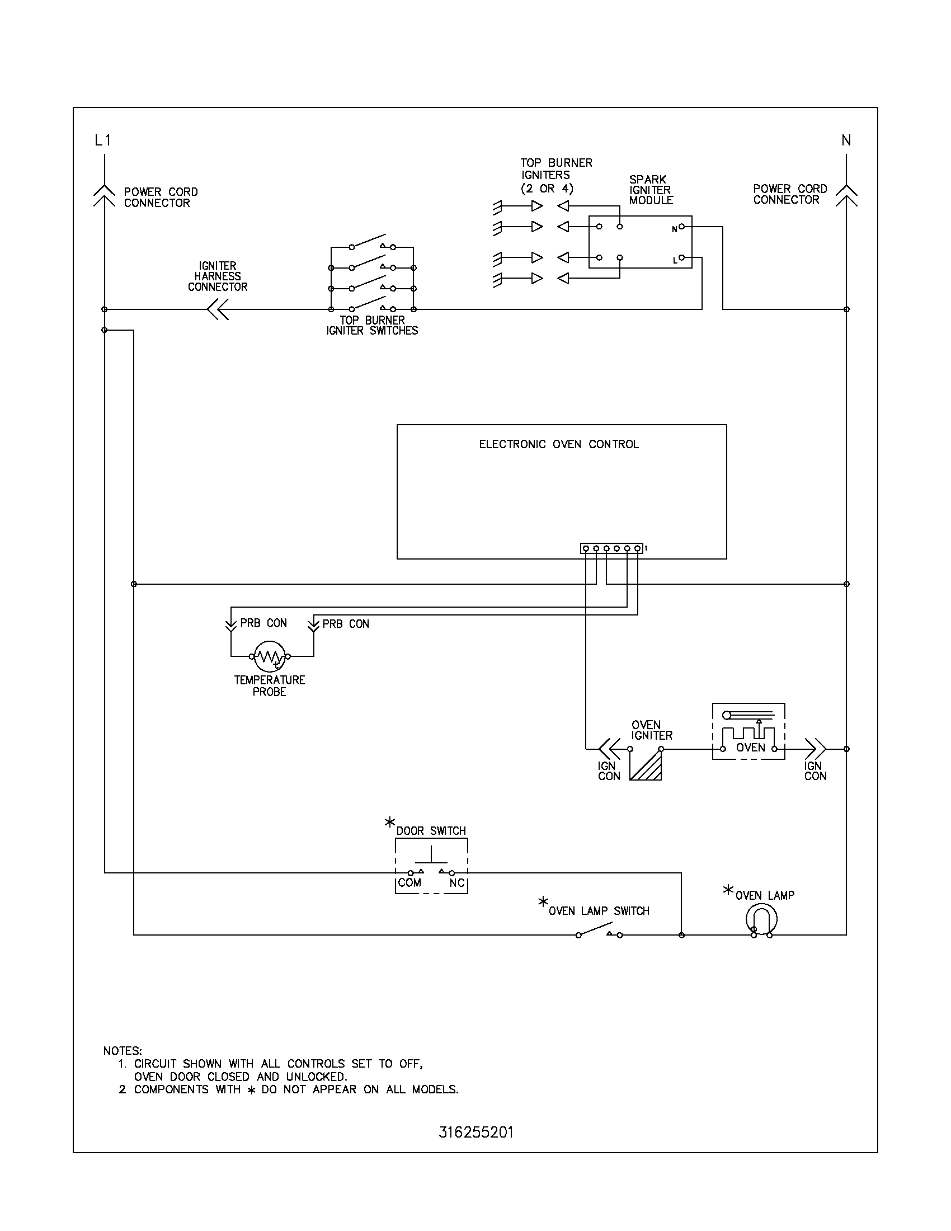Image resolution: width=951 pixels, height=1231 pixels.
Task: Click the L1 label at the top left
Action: (x=103, y=140)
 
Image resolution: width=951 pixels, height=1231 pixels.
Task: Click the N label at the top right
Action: (x=846, y=140)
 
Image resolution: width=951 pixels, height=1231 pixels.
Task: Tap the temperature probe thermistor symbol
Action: (x=269, y=656)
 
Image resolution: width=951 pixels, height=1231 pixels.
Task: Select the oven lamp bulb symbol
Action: (x=761, y=919)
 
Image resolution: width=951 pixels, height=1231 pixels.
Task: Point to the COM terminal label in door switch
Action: (x=409, y=882)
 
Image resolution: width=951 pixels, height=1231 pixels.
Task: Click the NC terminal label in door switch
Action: (x=457, y=882)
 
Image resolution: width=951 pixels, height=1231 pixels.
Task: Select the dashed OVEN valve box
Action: (x=748, y=731)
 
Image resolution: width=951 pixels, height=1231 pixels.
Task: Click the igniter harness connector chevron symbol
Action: (x=218, y=309)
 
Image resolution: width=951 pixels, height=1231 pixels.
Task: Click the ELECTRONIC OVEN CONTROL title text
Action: (x=559, y=444)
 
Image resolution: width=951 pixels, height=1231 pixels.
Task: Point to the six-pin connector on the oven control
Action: (x=611, y=548)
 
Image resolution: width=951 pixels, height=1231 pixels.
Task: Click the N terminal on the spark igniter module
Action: (x=682, y=227)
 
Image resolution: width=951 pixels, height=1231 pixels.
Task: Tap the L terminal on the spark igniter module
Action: (x=682, y=257)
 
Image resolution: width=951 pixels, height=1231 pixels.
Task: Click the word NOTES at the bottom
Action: (x=123, y=1051)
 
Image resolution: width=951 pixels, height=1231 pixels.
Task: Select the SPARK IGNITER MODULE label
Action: (x=651, y=190)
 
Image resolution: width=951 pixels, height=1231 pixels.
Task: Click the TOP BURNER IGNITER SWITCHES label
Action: (x=372, y=326)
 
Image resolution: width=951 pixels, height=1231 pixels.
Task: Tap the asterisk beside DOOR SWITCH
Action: (x=389, y=823)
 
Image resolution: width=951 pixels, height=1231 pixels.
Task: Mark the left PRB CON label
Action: (x=263, y=623)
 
